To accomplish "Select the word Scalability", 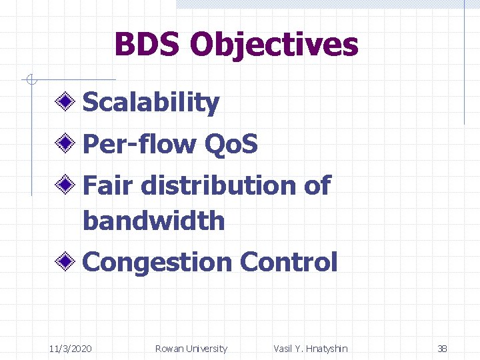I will [x=151, y=103].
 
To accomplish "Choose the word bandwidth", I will [x=154, y=221].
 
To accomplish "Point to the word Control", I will [x=289, y=262].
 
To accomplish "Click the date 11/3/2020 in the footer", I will [x=71, y=349].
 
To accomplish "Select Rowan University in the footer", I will [x=191, y=349].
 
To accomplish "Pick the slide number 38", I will [x=442, y=349].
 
